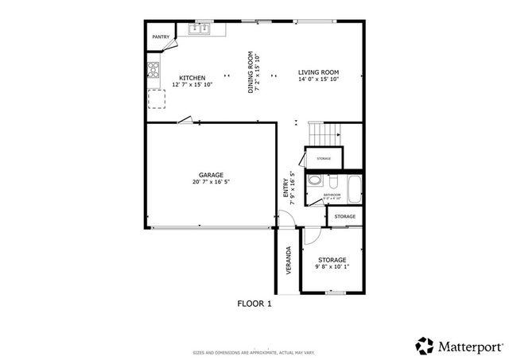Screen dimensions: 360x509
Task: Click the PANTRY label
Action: click(x=161, y=36)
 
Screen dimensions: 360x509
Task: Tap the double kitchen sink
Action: click(x=199, y=29)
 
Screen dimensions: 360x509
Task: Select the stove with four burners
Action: click(x=153, y=70)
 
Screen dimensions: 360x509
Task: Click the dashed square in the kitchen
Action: click(x=157, y=99)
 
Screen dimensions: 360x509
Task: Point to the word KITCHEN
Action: click(x=192, y=78)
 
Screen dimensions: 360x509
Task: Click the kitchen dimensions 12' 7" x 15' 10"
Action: click(x=192, y=85)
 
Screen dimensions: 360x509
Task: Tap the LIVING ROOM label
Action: click(x=318, y=72)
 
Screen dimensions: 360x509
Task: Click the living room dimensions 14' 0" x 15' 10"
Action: click(x=318, y=79)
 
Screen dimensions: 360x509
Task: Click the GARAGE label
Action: click(x=211, y=175)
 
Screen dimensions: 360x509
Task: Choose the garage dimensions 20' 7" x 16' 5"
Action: click(x=211, y=182)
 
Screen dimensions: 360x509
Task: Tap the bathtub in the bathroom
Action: click(x=354, y=188)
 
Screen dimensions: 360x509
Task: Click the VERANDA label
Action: click(x=289, y=259)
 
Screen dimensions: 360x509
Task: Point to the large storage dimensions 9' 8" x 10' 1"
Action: click(x=332, y=267)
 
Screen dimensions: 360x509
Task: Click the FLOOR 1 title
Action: click(x=254, y=304)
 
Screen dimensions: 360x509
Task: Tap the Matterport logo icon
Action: click(x=425, y=346)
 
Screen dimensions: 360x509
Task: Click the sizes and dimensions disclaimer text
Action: click(x=254, y=352)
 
